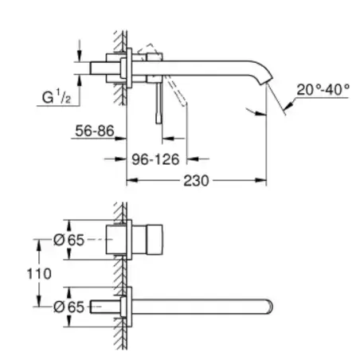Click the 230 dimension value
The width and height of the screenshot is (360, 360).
196,181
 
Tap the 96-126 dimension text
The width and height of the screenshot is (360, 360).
155,159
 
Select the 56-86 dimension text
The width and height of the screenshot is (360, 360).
95,131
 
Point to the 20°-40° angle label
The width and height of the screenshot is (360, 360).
323,89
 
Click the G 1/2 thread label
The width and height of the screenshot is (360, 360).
57,96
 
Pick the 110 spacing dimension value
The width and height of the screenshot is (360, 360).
39,273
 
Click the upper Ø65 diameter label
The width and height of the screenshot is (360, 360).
68,240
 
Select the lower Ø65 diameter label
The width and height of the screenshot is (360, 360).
68,307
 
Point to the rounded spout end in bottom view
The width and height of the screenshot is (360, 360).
269,307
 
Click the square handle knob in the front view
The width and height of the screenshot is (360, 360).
155,240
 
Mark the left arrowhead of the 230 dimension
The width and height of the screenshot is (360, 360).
132,181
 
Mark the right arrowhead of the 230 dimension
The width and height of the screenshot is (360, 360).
260,181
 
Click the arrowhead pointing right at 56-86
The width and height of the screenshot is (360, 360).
120,139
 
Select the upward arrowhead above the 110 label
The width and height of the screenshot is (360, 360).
39,245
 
